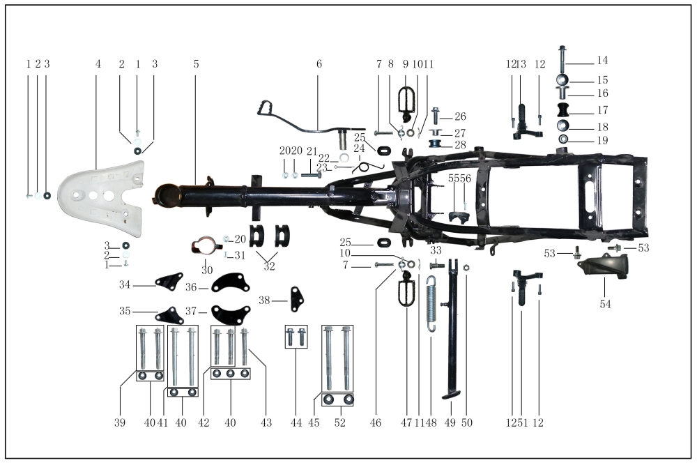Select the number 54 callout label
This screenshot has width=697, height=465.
click(605, 304)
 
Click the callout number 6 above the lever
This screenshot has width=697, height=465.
click(319, 64)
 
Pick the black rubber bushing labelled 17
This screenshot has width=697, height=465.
click(563, 110)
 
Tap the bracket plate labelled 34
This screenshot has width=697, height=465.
click(169, 282)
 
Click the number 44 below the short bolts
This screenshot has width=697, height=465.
click(296, 423)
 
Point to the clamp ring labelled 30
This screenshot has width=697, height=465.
click(206, 248)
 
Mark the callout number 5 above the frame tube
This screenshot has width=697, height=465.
click(197, 64)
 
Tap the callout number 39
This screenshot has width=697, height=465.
click(121, 423)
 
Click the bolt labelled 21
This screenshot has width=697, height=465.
click(311, 175)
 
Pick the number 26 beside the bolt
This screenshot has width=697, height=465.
click(460, 116)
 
